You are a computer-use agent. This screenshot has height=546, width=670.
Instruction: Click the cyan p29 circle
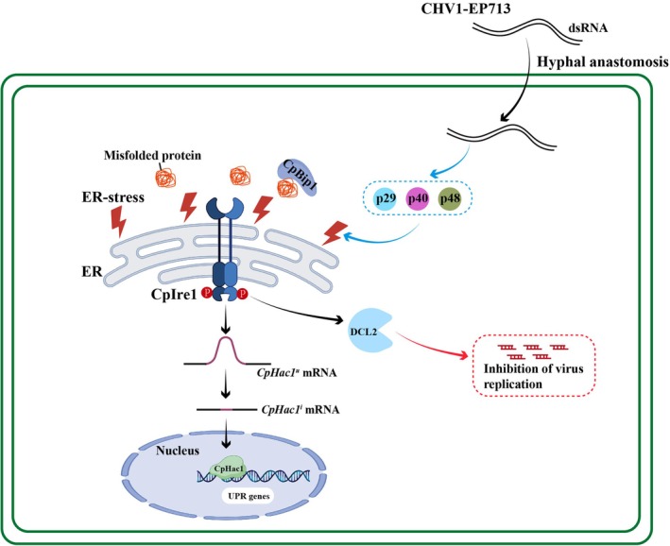[x=386, y=198]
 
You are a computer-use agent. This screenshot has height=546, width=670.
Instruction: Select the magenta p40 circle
[x=418, y=198]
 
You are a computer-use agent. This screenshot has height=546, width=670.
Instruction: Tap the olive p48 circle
[x=451, y=198]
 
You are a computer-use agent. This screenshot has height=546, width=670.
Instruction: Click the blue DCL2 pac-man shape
[x=369, y=331]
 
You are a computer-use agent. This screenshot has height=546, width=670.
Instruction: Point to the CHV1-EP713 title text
[x=465, y=9]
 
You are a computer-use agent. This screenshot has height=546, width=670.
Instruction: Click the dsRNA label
[x=588, y=28]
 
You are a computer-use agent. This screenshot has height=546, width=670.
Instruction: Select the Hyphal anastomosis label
[x=603, y=62]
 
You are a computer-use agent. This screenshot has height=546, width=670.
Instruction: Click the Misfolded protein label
[x=152, y=155]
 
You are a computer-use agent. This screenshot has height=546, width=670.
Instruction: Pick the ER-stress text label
[x=113, y=197]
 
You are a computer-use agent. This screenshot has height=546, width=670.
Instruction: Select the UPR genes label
[x=249, y=496]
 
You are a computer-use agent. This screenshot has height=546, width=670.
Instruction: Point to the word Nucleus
[x=178, y=451]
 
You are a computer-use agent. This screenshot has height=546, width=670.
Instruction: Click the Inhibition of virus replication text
[x=533, y=376]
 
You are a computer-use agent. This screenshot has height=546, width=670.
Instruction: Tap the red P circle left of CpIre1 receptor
[x=207, y=293]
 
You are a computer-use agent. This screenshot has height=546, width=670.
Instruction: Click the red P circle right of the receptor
[x=243, y=293]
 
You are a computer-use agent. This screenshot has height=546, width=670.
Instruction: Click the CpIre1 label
[x=174, y=295]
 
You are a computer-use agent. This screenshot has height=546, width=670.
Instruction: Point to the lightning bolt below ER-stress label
[x=118, y=222]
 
